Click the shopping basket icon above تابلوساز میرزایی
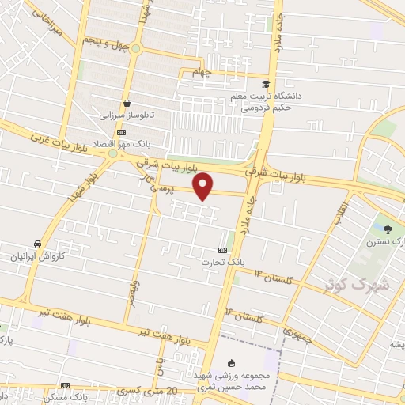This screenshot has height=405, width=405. click(127, 103)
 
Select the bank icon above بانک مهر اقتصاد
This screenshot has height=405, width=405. click(120, 132)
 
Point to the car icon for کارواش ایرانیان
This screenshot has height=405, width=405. click(37, 244)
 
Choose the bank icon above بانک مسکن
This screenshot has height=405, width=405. click(65, 386)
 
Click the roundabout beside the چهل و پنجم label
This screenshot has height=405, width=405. click(135, 48)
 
